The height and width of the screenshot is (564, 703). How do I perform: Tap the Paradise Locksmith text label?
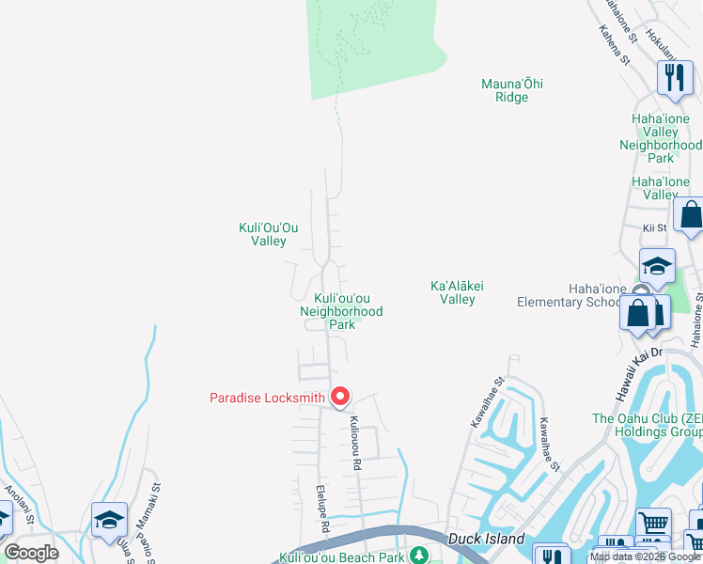point(266,398)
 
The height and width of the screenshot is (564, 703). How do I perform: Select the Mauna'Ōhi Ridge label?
point(511,90)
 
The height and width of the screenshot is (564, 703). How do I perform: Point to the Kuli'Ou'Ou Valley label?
point(269,234)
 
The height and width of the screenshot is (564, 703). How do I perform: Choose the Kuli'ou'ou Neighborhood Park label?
point(341,310)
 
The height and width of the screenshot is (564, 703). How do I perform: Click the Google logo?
point(31,553)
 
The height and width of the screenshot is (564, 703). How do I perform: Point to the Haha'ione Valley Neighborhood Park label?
point(661,138)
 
